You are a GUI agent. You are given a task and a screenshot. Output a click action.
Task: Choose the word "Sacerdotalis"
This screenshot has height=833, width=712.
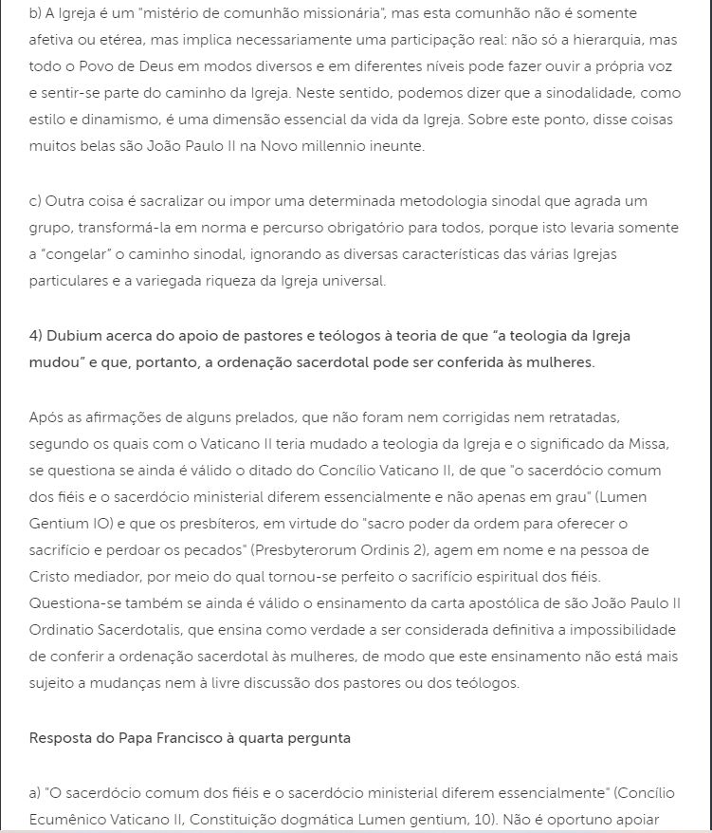coord(160,631)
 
